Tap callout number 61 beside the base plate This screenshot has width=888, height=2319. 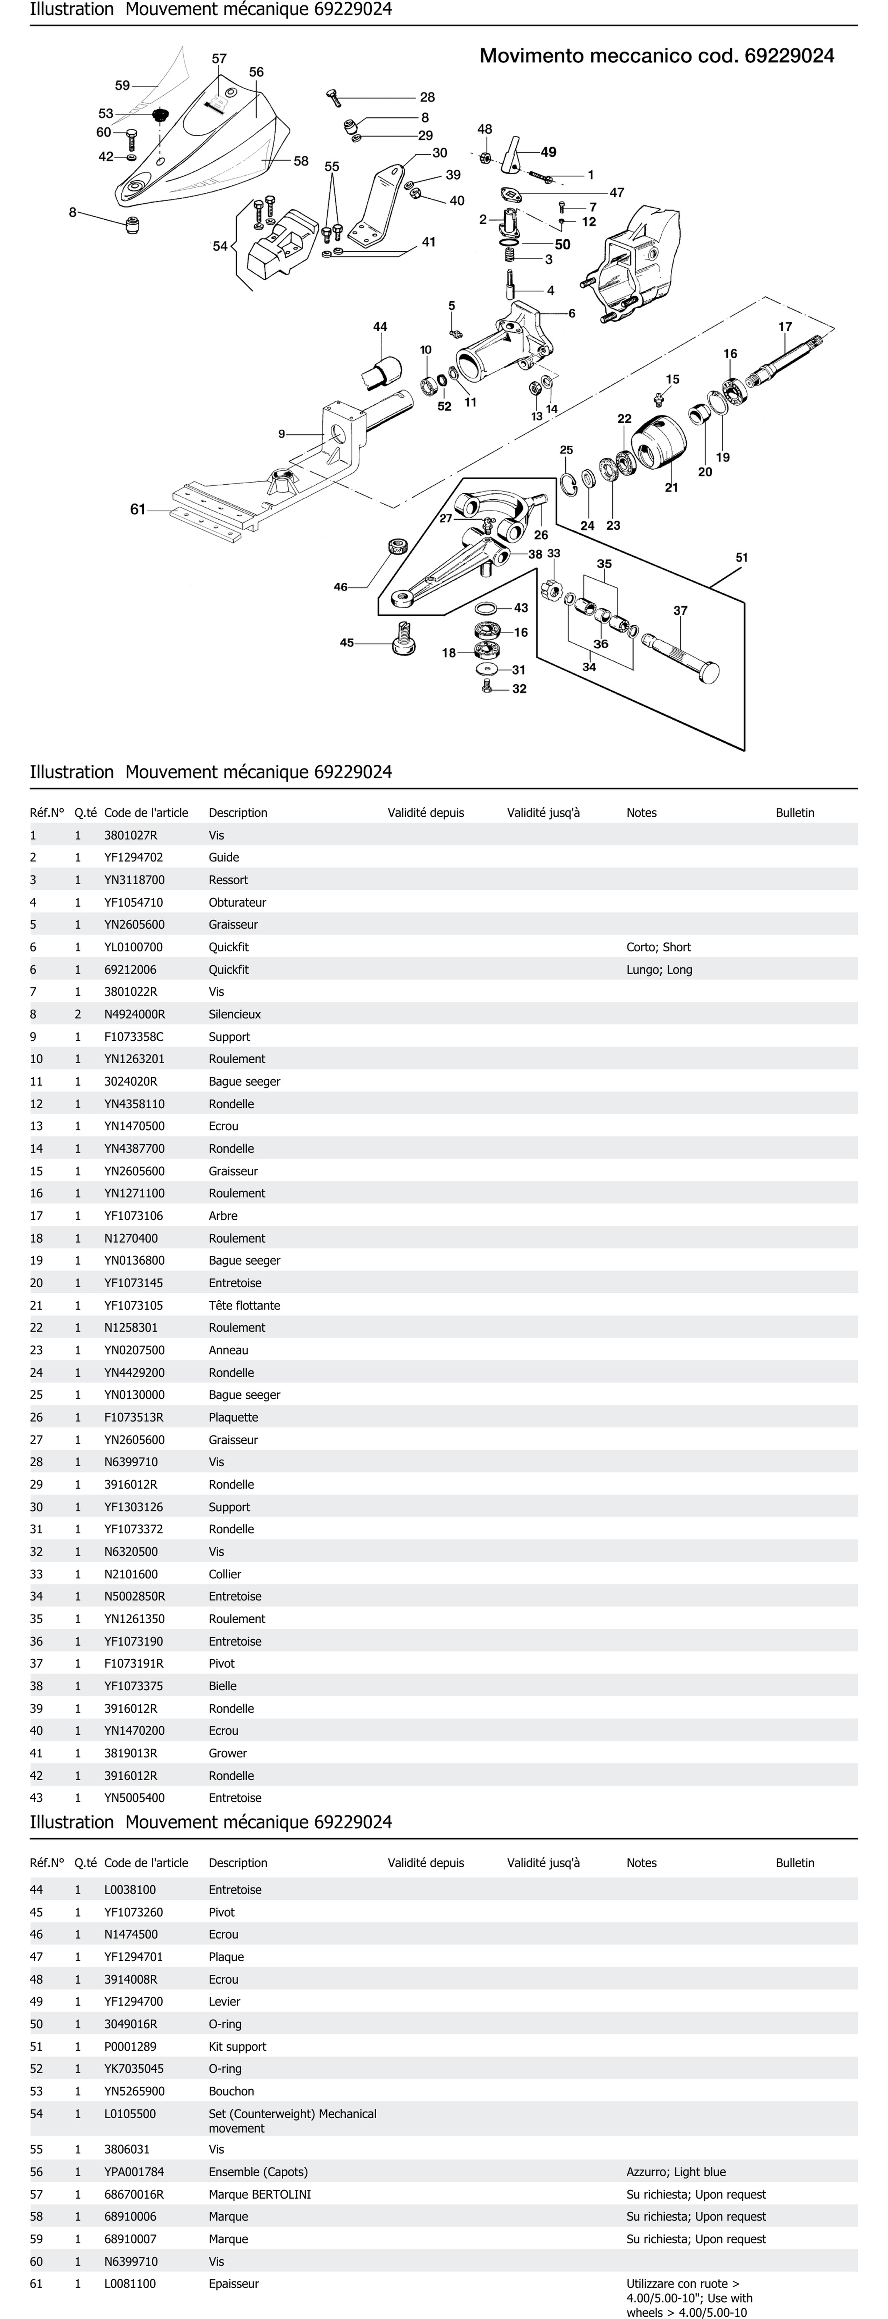coord(138,509)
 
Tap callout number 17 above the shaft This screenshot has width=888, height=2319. coord(785,327)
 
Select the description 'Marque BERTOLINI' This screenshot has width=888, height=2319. coord(259,2194)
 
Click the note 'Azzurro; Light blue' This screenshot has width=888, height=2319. coord(676,2171)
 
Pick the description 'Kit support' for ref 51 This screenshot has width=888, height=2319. coord(237,2046)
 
